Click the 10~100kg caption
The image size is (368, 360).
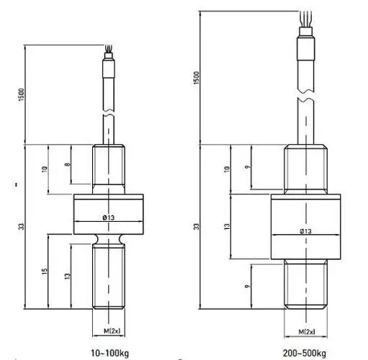(x=109, y=353)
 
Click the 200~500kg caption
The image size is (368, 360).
(x=305, y=353)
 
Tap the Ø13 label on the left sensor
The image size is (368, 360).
(x=109, y=217)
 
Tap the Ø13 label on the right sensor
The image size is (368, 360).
(x=305, y=231)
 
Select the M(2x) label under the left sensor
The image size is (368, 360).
(x=112, y=330)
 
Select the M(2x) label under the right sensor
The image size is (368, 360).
(x=307, y=332)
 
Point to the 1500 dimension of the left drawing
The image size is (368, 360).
(x=22, y=94)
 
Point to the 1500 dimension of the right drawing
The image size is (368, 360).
(x=197, y=78)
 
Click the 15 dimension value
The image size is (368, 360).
(x=45, y=271)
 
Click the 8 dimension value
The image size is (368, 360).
(x=68, y=164)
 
